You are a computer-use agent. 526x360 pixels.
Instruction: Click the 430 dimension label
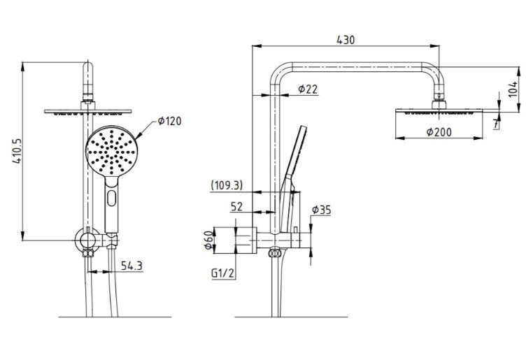(346, 40)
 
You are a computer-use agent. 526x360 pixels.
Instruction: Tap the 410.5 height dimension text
(17, 151)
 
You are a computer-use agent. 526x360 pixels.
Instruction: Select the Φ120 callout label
(169, 121)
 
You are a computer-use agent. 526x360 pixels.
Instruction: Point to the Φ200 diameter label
(439, 131)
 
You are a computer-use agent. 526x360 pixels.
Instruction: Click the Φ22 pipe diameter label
(308, 89)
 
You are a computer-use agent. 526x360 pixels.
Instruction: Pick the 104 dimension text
(513, 89)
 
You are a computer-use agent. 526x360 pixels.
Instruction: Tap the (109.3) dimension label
(227, 185)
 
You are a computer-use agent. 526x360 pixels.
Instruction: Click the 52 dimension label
(236, 206)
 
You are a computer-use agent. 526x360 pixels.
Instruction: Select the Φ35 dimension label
(321, 210)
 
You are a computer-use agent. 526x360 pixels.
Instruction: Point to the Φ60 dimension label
(208, 240)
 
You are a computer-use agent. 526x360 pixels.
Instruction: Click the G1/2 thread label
(222, 273)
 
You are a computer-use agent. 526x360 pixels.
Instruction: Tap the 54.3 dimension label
(131, 266)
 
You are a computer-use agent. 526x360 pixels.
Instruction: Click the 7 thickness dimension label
(496, 124)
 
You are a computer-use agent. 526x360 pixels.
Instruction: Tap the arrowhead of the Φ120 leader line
(138, 136)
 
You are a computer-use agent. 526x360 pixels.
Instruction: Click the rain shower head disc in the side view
(439, 111)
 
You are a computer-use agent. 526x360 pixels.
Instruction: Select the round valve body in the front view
(87, 240)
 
